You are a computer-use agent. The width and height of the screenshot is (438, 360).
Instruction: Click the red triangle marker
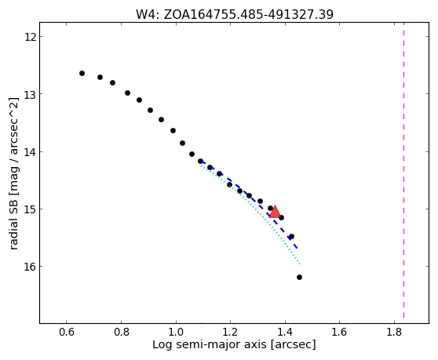[x=275, y=212]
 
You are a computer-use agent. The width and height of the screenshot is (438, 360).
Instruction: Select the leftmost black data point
[x=82, y=74]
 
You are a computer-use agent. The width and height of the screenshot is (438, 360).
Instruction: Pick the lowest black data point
[x=299, y=277]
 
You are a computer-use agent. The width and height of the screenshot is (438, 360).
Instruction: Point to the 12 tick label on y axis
[x=30, y=37]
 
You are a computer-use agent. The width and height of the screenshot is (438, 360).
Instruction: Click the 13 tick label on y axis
[x=30, y=94]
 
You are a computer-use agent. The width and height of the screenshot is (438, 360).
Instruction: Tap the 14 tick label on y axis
[x=30, y=152]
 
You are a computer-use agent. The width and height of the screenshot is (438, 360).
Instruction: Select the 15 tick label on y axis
[x=30, y=209]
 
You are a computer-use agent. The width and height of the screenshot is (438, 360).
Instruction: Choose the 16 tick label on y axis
[x=30, y=267]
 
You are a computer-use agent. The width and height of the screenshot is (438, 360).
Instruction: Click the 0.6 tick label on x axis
[x=67, y=332]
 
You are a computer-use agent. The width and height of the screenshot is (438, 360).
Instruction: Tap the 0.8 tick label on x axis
[x=121, y=332]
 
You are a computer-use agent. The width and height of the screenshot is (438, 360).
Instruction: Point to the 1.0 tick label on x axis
[x=176, y=332]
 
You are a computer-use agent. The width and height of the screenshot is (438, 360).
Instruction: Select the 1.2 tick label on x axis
[x=230, y=332]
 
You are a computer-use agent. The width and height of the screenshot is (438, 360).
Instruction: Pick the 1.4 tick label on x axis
[x=285, y=332]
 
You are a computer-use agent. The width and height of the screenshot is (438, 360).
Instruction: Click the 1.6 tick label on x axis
[x=339, y=332]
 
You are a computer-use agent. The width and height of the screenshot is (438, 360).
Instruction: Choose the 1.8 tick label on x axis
[x=394, y=332]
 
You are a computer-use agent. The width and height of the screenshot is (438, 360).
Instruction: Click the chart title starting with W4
[x=235, y=15]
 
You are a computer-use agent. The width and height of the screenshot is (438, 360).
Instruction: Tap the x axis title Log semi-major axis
[x=234, y=345]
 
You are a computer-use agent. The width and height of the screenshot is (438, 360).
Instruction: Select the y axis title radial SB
[x=13, y=173]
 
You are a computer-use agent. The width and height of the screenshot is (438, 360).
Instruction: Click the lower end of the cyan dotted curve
[x=299, y=264]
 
